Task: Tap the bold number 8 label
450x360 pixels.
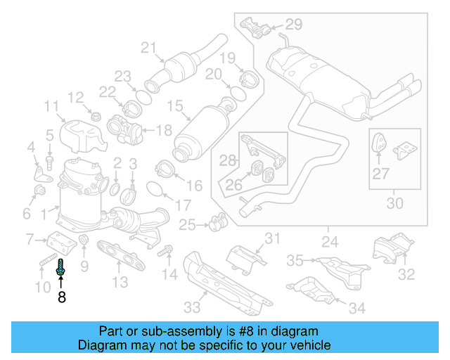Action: [x=61, y=297]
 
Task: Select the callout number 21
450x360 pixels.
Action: [x=147, y=48]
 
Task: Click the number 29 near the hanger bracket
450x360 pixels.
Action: [x=293, y=25]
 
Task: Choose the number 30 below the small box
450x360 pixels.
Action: [x=395, y=204]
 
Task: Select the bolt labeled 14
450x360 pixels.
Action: [x=167, y=251]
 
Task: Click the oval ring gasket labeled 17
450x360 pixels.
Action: [x=157, y=188]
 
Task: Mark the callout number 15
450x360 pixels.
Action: [x=174, y=108]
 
